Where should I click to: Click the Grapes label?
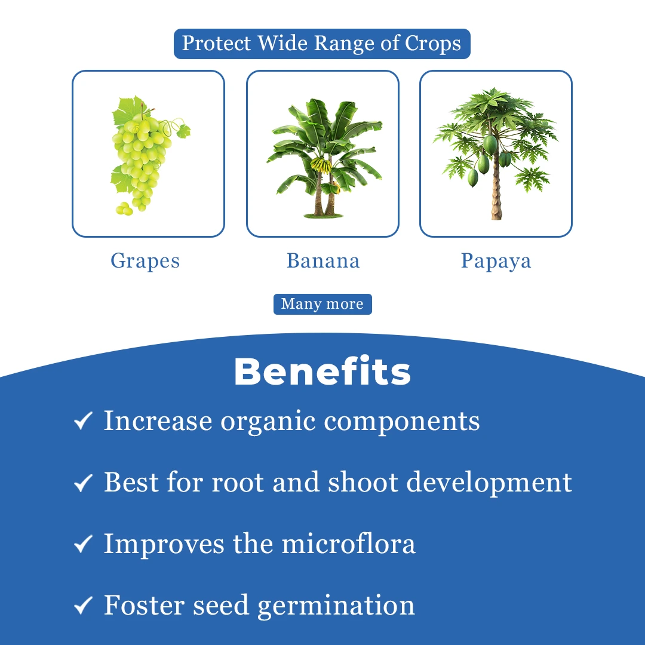(x=145, y=261)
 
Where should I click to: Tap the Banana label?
(x=323, y=261)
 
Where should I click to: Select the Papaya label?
(x=496, y=261)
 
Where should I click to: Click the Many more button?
(x=322, y=304)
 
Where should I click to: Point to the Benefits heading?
(x=322, y=371)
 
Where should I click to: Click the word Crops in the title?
(x=433, y=44)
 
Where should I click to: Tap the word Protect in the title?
(x=216, y=43)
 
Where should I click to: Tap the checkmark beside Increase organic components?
(x=83, y=420)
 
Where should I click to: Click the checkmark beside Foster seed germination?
(x=83, y=605)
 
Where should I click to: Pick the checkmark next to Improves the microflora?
(x=83, y=543)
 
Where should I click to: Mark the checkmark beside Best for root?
(x=83, y=482)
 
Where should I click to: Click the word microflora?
(x=348, y=543)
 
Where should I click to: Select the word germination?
(x=336, y=606)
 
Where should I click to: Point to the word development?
(x=489, y=483)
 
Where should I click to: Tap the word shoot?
(x=363, y=482)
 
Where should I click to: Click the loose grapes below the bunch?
(x=124, y=209)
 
